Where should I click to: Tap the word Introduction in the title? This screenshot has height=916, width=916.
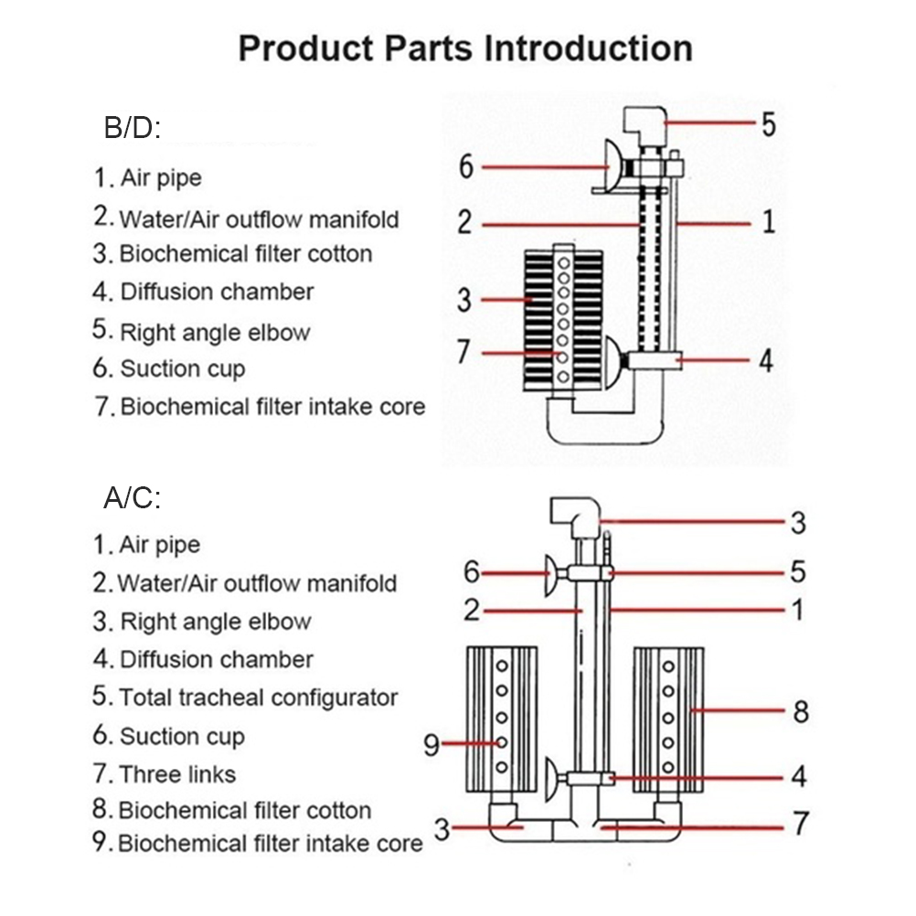click(588, 48)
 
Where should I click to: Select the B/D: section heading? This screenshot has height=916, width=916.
click(133, 129)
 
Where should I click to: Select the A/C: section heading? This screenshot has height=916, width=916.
click(133, 498)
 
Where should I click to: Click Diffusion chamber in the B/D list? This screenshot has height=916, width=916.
click(217, 292)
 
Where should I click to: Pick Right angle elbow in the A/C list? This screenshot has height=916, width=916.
click(216, 622)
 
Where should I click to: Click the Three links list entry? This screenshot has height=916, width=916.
click(177, 774)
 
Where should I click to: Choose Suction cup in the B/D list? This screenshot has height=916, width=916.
click(183, 368)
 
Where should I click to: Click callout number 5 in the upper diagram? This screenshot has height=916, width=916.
click(768, 123)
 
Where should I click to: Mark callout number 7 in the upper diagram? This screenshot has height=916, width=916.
click(464, 352)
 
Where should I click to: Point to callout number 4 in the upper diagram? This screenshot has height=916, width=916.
click(766, 359)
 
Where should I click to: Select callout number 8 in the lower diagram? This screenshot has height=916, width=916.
click(801, 710)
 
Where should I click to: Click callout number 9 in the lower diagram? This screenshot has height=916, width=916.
click(431, 745)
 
